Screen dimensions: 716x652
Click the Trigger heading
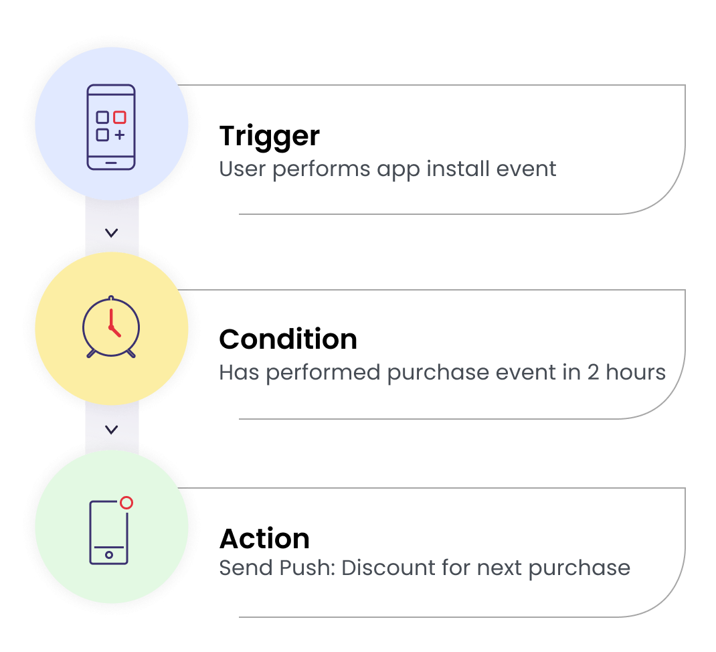[270, 136]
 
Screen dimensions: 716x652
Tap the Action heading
[264, 538]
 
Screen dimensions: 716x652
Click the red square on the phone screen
[120, 117]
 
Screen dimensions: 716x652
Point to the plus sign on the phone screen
[120, 135]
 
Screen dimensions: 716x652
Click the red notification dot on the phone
[126, 503]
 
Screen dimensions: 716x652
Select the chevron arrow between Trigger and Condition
[112, 233]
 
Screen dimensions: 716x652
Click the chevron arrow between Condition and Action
[112, 430]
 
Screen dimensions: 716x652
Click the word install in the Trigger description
[458, 169]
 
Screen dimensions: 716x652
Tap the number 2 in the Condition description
[593, 372]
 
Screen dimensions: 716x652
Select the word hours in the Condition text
[636, 372]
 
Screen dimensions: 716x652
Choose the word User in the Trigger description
[242, 169]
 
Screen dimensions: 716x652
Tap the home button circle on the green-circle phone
[108, 555]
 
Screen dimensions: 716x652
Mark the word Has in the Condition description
[239, 372]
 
